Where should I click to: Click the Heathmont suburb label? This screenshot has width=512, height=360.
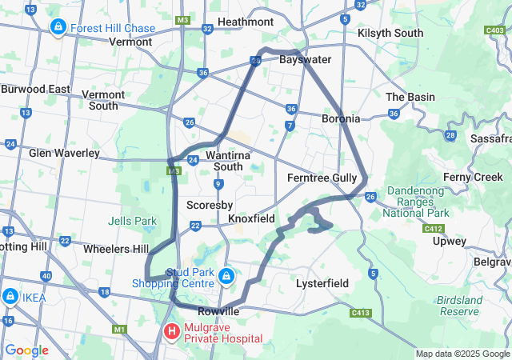pos(245,22)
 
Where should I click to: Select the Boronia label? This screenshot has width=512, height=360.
pos(341,118)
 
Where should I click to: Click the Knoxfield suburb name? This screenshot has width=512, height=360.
pos(251,218)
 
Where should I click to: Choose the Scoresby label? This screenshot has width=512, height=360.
pos(210,205)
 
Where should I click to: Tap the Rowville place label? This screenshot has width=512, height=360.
pos(219,310)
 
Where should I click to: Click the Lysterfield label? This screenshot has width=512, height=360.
pos(322,283)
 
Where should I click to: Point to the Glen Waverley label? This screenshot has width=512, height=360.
pos(64,153)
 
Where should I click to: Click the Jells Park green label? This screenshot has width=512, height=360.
pos(133,221)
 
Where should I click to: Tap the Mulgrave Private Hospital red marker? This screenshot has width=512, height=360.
pos(171,330)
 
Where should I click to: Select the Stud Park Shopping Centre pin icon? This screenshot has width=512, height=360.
pos(226,277)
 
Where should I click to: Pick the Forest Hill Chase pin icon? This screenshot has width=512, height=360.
pos(58,28)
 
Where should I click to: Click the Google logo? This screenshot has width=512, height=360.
pos(26,350)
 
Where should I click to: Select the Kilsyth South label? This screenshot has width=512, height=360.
pos(390,33)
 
